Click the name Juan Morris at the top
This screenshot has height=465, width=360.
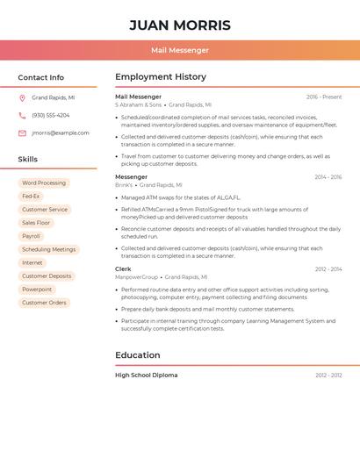pyautogui.click(x=180, y=25)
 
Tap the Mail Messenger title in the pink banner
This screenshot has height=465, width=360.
pyautogui.click(x=180, y=50)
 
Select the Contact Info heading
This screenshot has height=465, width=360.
pyautogui.click(x=40, y=77)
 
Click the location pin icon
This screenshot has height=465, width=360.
pyautogui.click(x=22, y=98)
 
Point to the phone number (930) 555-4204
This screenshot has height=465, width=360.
pyautogui.click(x=51, y=115)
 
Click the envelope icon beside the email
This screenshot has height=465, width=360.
pyautogui.click(x=22, y=133)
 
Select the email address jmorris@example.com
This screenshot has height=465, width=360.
pyautogui.click(x=61, y=133)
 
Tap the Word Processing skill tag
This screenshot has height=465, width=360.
pyautogui.click(x=44, y=183)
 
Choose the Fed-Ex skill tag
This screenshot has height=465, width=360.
pyautogui.click(x=31, y=197)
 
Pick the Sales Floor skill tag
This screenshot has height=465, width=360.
pyautogui.click(x=36, y=223)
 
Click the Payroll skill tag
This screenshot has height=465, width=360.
pyautogui.click(x=31, y=236)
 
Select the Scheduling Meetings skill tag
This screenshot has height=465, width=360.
pyautogui.click(x=49, y=249)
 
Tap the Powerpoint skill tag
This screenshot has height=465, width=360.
pyautogui.click(x=37, y=290)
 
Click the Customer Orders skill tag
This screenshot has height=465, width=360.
pyautogui.click(x=44, y=303)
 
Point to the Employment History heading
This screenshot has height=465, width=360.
pyautogui.click(x=161, y=77)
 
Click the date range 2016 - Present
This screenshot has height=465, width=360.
pyautogui.click(x=324, y=97)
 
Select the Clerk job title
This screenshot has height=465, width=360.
pyautogui.click(x=123, y=269)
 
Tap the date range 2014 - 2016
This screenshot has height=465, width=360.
pyautogui.click(x=328, y=177)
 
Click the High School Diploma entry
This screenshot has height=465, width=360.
pyautogui.click(x=146, y=376)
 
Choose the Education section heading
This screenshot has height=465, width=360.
pyautogui.click(x=138, y=355)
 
